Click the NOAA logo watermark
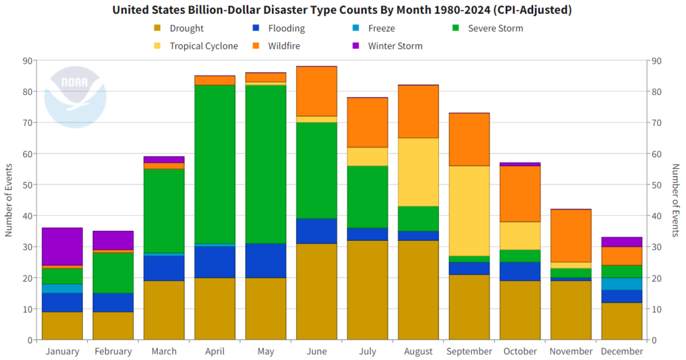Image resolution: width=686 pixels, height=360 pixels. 75,94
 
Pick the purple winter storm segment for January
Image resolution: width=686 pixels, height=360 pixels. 62,246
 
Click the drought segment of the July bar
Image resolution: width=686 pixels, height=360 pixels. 368,290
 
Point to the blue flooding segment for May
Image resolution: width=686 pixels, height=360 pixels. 266,261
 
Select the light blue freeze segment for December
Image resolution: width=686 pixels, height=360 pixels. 622,284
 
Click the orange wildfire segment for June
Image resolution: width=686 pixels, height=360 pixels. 317,91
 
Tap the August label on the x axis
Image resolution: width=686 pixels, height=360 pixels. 418,351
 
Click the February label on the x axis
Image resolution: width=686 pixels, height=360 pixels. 113,351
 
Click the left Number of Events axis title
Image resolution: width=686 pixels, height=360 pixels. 9,200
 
